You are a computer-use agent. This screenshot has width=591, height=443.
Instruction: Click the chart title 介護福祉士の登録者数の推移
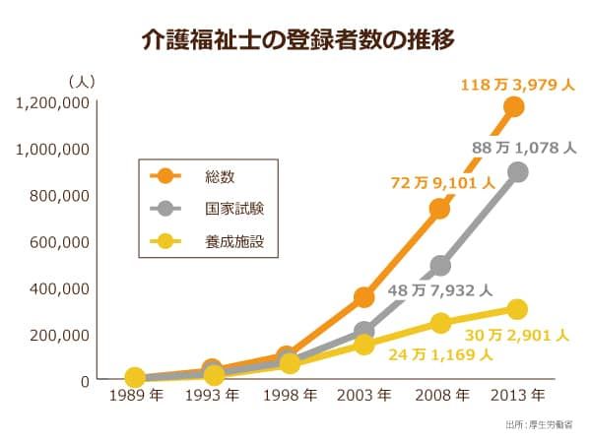coord(296,41)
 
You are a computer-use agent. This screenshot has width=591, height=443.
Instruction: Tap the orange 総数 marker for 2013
coord(513,106)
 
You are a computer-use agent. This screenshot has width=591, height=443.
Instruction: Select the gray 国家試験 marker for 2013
coord(517,172)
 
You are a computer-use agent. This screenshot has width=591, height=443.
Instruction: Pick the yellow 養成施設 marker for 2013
coord(517,309)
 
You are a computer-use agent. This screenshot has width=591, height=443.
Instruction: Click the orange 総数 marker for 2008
coord(439,209)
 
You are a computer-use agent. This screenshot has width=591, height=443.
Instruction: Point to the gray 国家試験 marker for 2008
coord(440,266)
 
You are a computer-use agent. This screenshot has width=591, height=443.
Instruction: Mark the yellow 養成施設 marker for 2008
coord(440,323)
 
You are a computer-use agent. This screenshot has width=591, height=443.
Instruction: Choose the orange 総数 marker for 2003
coord(363,296)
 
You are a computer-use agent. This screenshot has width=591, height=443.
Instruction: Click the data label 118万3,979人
coord(517,85)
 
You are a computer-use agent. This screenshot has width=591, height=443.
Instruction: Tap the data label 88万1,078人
coord(523,148)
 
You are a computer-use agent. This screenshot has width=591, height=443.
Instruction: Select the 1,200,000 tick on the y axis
coord(53,102)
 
